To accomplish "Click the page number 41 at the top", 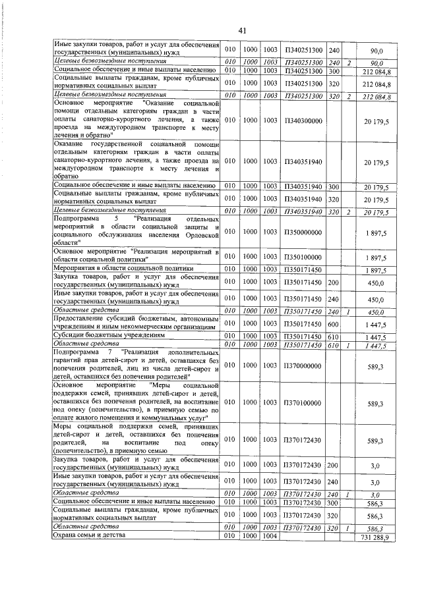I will point(242,31).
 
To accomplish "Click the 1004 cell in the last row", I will point(270,537).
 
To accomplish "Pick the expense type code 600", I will point(333,324).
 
